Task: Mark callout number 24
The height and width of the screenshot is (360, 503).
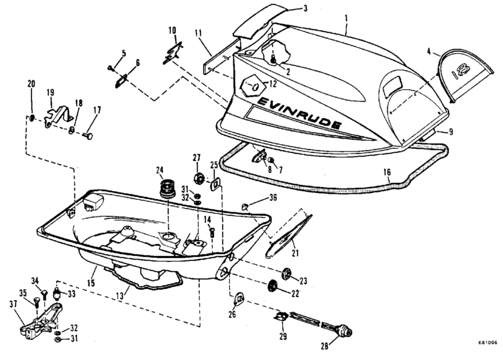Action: [160, 169]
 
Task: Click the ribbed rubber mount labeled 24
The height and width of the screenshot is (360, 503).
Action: [166, 188]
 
